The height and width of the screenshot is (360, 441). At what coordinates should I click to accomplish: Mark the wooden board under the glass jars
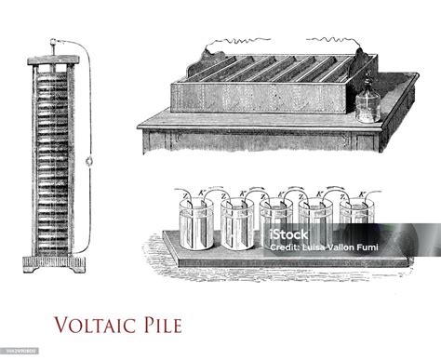tap(279, 266)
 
